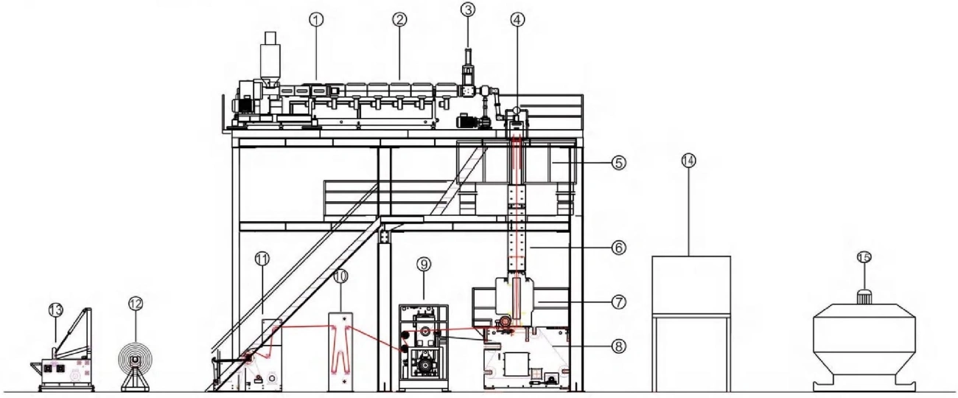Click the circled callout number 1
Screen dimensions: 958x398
coord(316,20)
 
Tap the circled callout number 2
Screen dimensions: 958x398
coord(399,20)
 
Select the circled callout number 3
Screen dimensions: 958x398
coord(468,10)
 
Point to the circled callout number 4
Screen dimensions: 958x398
coord(517,20)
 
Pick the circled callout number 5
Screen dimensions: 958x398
coord(619,163)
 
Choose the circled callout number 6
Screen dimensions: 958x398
coord(619,248)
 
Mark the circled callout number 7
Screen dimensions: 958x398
coord(619,302)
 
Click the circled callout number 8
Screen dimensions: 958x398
coord(619,346)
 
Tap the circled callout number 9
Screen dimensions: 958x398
coord(424,265)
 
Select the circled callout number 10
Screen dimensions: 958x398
coord(340,277)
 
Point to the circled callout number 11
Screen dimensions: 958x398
coord(262,259)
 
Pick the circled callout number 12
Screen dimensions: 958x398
coord(136,304)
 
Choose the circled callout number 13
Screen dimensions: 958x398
coord(55,310)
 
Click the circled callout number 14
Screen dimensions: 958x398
coord(688,161)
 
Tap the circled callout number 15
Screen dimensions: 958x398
coord(864,257)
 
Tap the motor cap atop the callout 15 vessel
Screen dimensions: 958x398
coord(864,296)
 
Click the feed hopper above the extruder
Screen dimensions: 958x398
coord(270,59)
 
